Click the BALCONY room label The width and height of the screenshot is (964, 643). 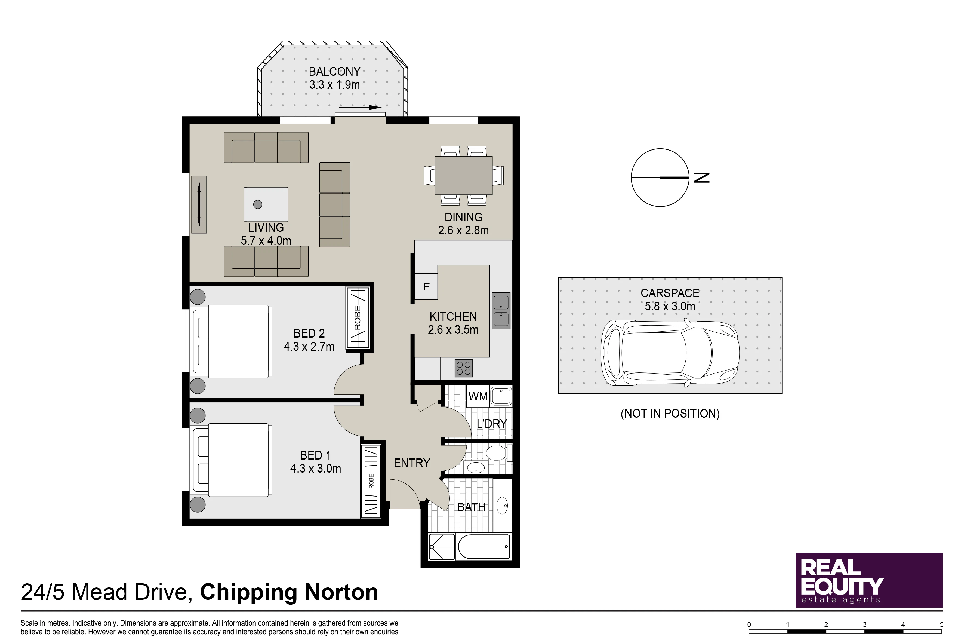[334, 72]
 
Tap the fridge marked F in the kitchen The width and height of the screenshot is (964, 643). [426, 286]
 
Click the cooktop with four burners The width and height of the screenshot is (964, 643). [464, 368]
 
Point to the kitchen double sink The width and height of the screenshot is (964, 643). [501, 310]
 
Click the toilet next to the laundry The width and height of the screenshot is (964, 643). [497, 454]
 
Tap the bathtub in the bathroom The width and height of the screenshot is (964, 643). [484, 547]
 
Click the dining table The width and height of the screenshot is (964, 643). [464, 176]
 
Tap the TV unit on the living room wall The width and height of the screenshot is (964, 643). [199, 205]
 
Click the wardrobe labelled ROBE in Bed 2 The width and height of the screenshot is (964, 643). [358, 318]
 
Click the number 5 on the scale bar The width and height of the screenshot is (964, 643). [941, 624]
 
